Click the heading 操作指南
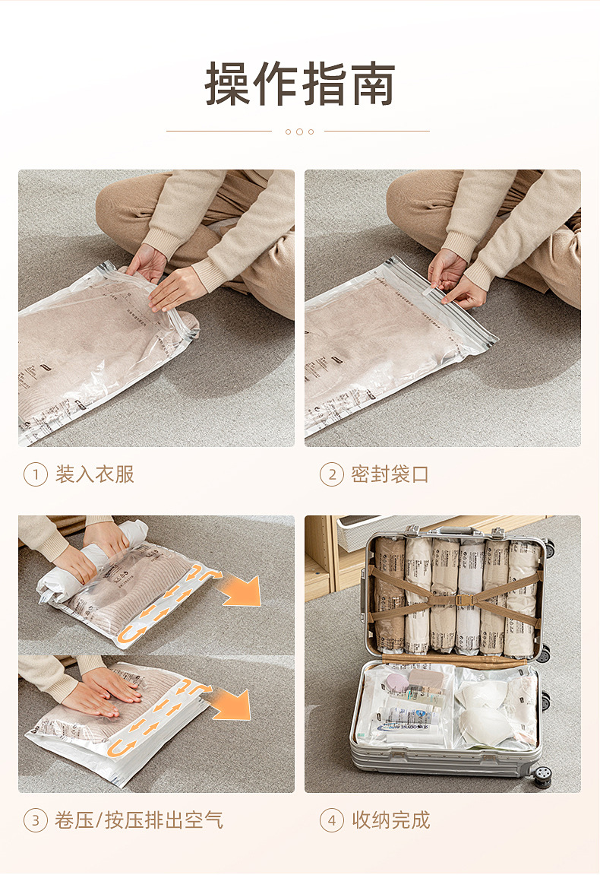click(299, 84)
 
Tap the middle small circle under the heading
click(299, 132)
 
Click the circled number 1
click(35, 475)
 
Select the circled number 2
click(331, 475)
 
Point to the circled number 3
click(35, 821)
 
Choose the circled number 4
click(331, 821)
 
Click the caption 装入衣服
click(94, 475)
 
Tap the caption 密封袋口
click(390, 475)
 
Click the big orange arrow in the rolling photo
click(240, 590)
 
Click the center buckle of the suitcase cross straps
click(466, 599)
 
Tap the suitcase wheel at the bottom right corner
click(542, 775)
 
